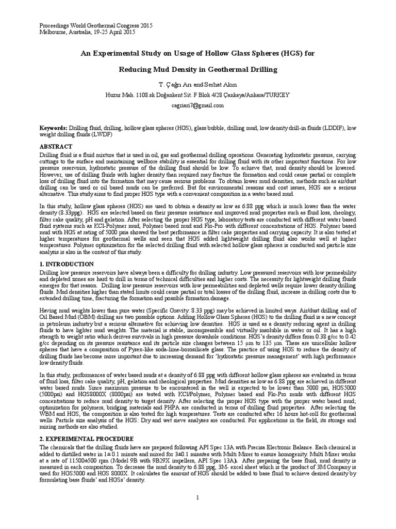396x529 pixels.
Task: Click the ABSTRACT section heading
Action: click(57, 147)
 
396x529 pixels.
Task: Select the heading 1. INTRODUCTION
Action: click(67, 264)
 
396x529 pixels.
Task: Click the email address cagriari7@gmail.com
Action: click(198, 105)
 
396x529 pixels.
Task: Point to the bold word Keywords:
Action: click(54, 127)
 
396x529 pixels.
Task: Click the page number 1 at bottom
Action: click(198, 497)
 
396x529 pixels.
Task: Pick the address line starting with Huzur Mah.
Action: click(198, 95)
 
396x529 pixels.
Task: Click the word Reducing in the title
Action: click(135, 69)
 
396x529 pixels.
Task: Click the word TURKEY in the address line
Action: click(278, 95)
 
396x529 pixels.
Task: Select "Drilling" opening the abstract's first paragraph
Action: click(51, 154)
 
